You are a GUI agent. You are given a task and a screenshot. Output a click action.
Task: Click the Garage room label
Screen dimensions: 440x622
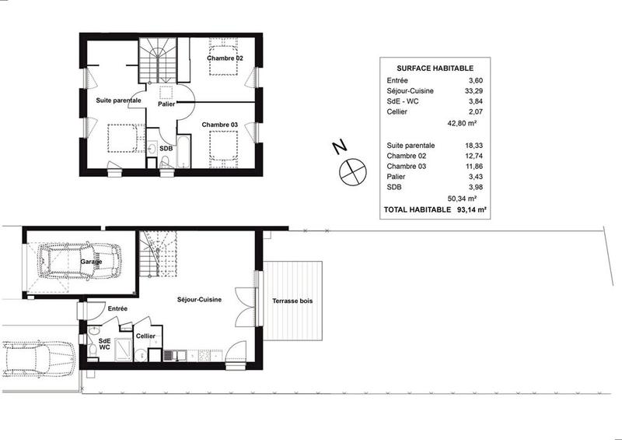[90, 262]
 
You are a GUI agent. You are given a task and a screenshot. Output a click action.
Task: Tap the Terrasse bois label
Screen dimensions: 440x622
[292, 301]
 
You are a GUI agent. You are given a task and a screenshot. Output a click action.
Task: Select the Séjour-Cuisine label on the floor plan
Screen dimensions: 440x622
[199, 299]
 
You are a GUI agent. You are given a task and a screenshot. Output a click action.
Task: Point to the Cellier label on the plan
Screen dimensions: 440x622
[146, 336]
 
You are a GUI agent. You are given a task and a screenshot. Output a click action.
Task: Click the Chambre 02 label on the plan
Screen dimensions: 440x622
[225, 58]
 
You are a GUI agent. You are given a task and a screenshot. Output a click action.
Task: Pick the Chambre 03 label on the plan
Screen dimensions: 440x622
[220, 125]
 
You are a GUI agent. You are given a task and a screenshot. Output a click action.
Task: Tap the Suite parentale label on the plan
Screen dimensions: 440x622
[118, 100]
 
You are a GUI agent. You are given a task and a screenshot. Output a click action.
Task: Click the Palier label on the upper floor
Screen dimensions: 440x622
[166, 104]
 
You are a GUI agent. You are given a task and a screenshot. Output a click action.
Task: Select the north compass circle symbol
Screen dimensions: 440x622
[351, 171]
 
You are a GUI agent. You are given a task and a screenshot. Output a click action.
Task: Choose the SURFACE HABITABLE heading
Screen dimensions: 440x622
[429, 67]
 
